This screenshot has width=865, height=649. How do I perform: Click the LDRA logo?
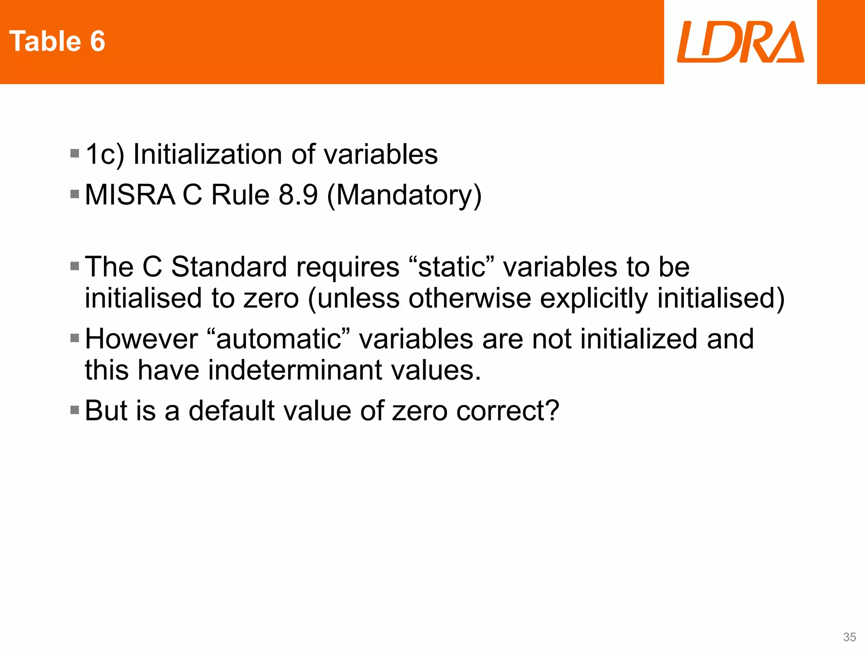(740, 42)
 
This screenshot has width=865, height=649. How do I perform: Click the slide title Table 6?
(57, 41)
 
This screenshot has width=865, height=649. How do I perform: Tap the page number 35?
(849, 637)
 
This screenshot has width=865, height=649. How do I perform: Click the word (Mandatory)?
(404, 196)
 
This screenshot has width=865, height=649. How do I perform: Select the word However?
(141, 339)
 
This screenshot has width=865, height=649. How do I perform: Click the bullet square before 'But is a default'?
(75, 410)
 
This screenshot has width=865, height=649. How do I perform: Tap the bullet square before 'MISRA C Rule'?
(75, 194)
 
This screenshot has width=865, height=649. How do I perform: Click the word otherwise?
(469, 299)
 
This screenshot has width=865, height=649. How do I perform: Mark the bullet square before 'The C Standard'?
(75, 266)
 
